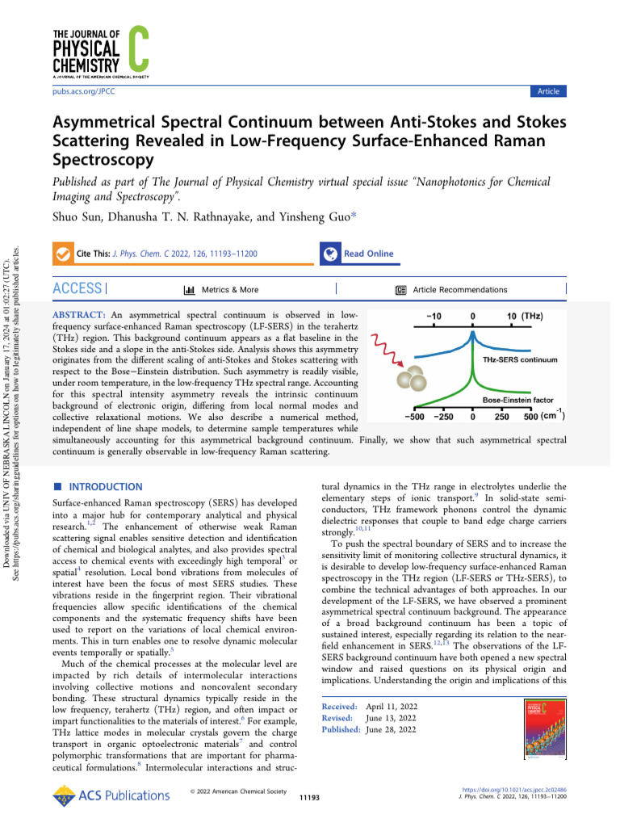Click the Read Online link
click(x=368, y=254)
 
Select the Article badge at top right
click(x=548, y=91)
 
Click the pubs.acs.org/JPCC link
click(x=83, y=91)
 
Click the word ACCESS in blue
click(x=77, y=289)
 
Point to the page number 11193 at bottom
click(x=310, y=797)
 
